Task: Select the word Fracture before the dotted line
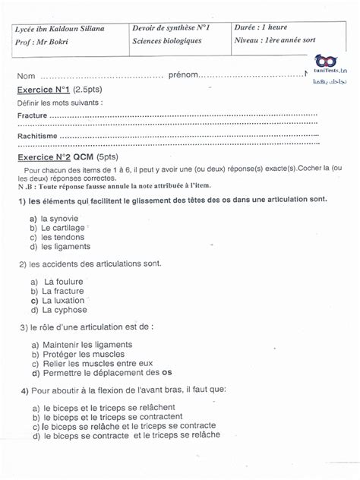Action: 31,115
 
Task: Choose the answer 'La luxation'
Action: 62,300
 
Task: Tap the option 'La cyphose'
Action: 62,310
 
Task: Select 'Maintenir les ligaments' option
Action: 85,344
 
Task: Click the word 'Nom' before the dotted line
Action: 27,77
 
